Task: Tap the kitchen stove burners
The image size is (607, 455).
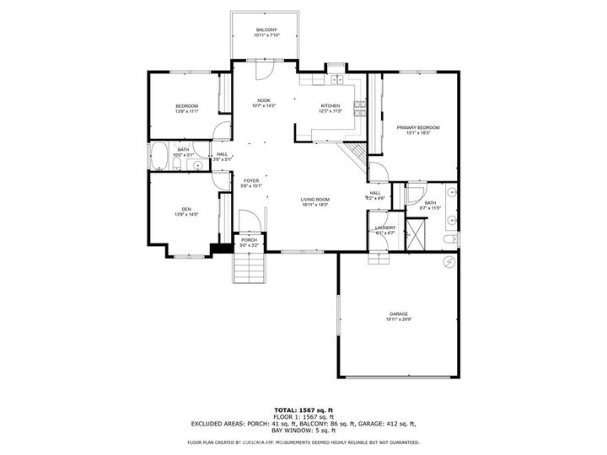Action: [x=360, y=106]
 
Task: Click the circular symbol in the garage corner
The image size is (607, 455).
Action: [x=449, y=263]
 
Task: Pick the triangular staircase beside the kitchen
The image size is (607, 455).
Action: [x=356, y=153]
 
